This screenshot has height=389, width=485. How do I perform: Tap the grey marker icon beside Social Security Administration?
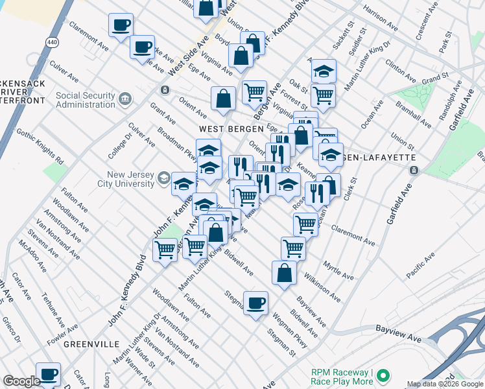125,99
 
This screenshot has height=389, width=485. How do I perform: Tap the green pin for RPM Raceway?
383,375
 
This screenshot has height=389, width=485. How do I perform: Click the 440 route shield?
51,41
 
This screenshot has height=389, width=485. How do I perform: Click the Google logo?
21,381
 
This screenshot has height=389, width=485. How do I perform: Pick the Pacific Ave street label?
420,266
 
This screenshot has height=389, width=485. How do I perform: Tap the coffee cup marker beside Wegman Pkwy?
255,303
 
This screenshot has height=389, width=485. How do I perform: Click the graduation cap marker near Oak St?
323,71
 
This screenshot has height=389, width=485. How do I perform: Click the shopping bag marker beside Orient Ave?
223,99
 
